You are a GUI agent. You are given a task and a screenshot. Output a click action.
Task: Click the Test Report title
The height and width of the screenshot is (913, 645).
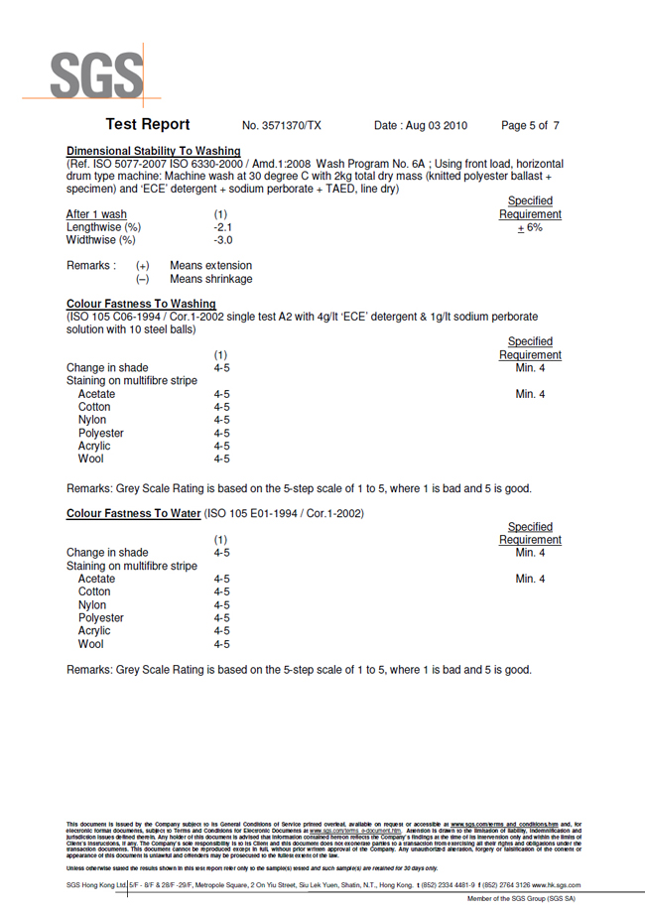click(x=148, y=125)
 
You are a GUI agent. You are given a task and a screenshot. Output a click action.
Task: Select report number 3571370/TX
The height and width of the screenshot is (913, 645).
click(x=282, y=126)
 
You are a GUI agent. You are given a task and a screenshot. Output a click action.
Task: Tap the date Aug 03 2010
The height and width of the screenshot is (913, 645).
click(x=421, y=126)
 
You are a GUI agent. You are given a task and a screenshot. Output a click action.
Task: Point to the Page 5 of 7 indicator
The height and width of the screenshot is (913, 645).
click(x=530, y=126)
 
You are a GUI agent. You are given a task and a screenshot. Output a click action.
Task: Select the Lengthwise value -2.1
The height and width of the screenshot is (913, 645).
click(x=223, y=227)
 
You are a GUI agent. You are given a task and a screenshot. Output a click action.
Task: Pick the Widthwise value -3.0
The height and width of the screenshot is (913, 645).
click(x=223, y=240)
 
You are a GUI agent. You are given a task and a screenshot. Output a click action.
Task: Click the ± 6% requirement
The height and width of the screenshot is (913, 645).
click(x=529, y=227)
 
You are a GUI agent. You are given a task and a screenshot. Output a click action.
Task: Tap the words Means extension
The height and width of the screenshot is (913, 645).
click(x=210, y=266)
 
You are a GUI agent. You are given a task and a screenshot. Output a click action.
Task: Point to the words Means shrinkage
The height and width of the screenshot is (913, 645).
click(x=210, y=279)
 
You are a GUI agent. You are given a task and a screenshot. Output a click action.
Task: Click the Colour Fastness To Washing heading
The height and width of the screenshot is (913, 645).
click(x=141, y=304)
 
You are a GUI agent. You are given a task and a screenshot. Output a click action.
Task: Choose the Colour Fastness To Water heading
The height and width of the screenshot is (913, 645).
click(x=133, y=513)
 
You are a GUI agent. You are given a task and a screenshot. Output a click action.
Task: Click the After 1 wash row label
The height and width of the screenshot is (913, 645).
click(x=96, y=214)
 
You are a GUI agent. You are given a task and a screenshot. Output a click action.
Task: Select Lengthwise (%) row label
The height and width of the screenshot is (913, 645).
click(x=103, y=227)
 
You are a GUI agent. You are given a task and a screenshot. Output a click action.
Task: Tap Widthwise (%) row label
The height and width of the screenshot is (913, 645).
click(x=100, y=240)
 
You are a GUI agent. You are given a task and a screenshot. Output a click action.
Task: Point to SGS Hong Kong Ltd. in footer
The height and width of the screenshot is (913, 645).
click(x=96, y=885)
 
